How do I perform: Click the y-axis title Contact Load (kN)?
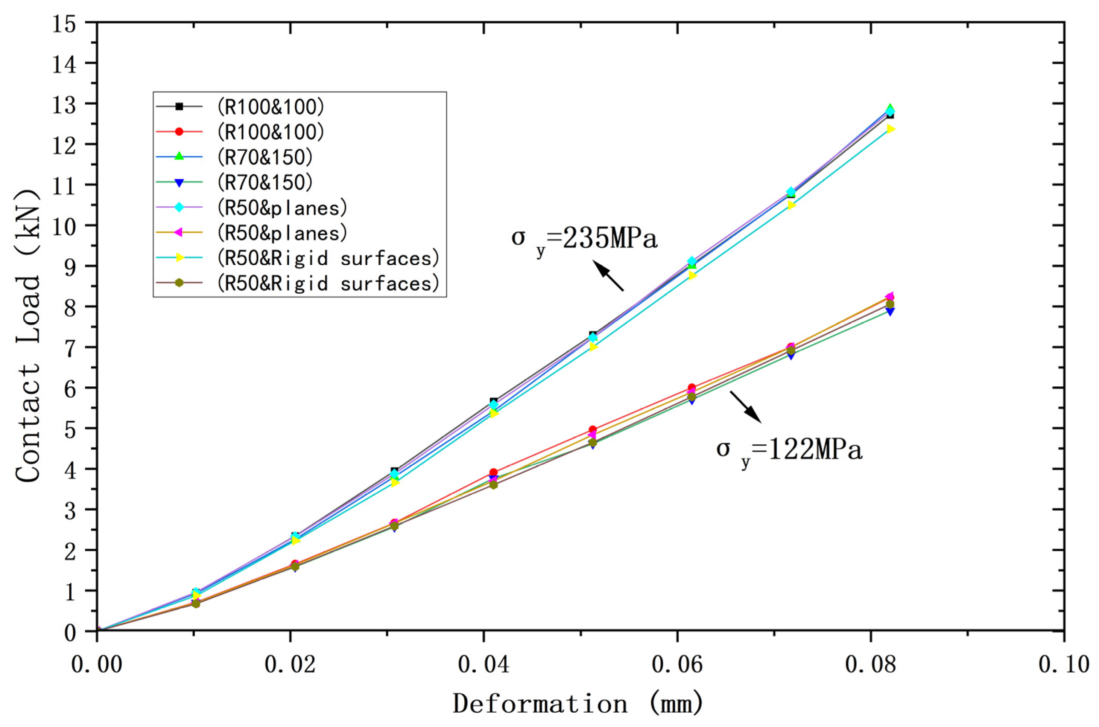(28, 336)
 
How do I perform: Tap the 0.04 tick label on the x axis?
(484, 665)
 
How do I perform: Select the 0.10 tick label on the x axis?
(1064, 665)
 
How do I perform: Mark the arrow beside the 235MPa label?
(608, 276)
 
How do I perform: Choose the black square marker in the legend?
(179, 107)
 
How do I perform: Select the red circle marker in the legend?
(179, 132)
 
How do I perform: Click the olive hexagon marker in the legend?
(179, 283)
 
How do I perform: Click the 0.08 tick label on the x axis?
(871, 665)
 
